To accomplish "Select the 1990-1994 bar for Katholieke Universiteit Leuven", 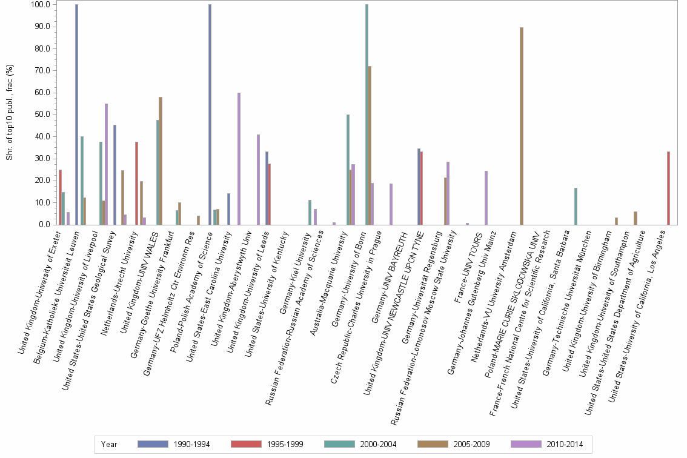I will point(76,114).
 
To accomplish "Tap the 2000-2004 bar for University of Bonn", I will point(367,114).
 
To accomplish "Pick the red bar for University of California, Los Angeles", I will point(668,188).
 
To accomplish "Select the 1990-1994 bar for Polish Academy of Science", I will point(210,114).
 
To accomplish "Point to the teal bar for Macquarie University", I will point(348,170).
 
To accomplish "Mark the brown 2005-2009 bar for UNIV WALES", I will point(161,161).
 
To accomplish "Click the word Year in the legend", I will point(109,444).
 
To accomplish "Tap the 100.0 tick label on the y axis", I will point(41,5).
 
